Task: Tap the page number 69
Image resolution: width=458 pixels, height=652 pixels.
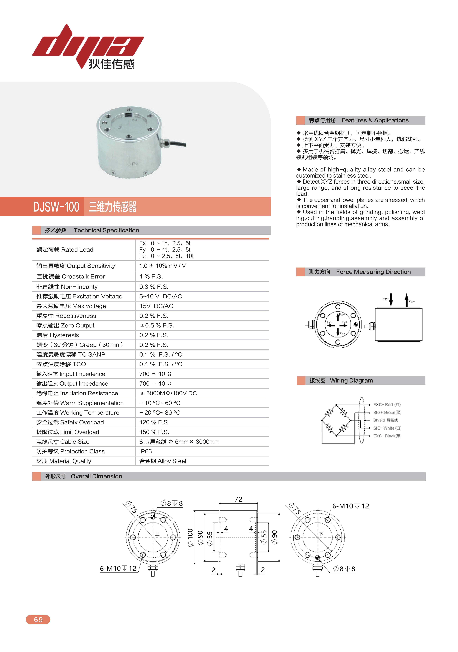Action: pyautogui.click(x=38, y=619)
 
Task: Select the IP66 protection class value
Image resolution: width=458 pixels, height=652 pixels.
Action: pyautogui.click(x=146, y=451)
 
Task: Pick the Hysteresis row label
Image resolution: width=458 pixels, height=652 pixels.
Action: pyautogui.click(x=58, y=335)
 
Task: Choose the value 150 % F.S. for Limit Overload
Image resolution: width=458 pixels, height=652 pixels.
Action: pyautogui.click(x=154, y=432)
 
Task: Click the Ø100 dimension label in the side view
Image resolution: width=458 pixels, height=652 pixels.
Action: pyautogui.click(x=190, y=538)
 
